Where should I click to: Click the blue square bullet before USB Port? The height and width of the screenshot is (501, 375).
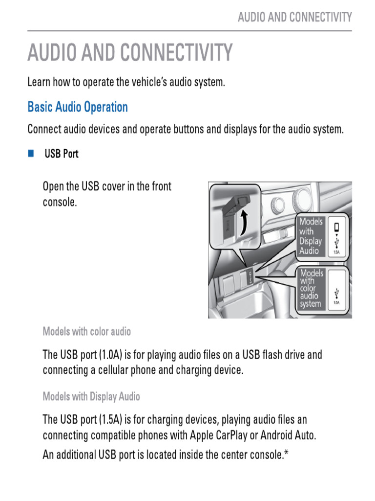pos(31,154)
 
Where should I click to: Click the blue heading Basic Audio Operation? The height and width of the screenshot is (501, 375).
pos(77,107)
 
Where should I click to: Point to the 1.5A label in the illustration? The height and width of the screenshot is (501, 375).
pos(336,252)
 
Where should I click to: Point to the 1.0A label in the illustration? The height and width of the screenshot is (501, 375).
pos(336,303)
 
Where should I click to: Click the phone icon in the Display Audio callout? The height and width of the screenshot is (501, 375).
pos(336,228)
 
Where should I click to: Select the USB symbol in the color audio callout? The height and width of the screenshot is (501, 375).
pos(336,293)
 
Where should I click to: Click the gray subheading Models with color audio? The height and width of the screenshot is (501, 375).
pos(87,332)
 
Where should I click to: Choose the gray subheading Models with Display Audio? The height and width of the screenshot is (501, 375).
pos(91,397)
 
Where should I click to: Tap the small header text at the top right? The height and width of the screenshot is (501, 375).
pos(294,18)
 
